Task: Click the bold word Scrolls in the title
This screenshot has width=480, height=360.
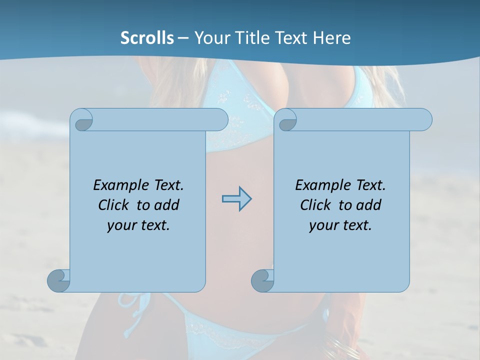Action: point(147,38)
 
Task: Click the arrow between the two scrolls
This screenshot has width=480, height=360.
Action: point(236,199)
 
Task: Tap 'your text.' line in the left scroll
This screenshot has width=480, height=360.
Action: point(138,225)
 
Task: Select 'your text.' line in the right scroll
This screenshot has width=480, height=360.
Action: point(340,225)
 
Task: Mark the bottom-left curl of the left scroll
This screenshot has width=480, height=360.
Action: point(58,280)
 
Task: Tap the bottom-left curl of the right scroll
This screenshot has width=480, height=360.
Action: point(261,280)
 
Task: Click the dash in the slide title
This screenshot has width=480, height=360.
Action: point(183,38)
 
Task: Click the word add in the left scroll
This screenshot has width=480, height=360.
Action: point(166,205)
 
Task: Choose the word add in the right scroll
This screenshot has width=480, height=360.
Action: point(368,205)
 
